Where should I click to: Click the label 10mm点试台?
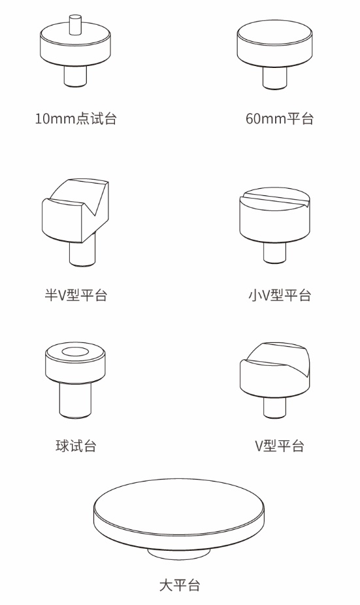coord(76,118)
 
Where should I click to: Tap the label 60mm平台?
coord(280,118)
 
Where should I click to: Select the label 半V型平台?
coord(76,295)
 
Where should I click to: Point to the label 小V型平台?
coord(280,295)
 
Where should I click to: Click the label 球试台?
coord(76,446)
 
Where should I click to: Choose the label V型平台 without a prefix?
coord(280,446)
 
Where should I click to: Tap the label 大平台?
coord(180,585)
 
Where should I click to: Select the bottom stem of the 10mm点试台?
coord(75,76)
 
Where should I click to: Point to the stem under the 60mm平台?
coord(274,78)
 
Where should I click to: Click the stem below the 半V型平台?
coord(82,253)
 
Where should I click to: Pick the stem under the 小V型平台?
coord(274,253)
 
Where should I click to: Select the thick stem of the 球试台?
coord(76,400)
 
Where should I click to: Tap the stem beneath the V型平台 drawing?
coord(274,408)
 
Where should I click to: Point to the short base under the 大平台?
coord(179,553)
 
